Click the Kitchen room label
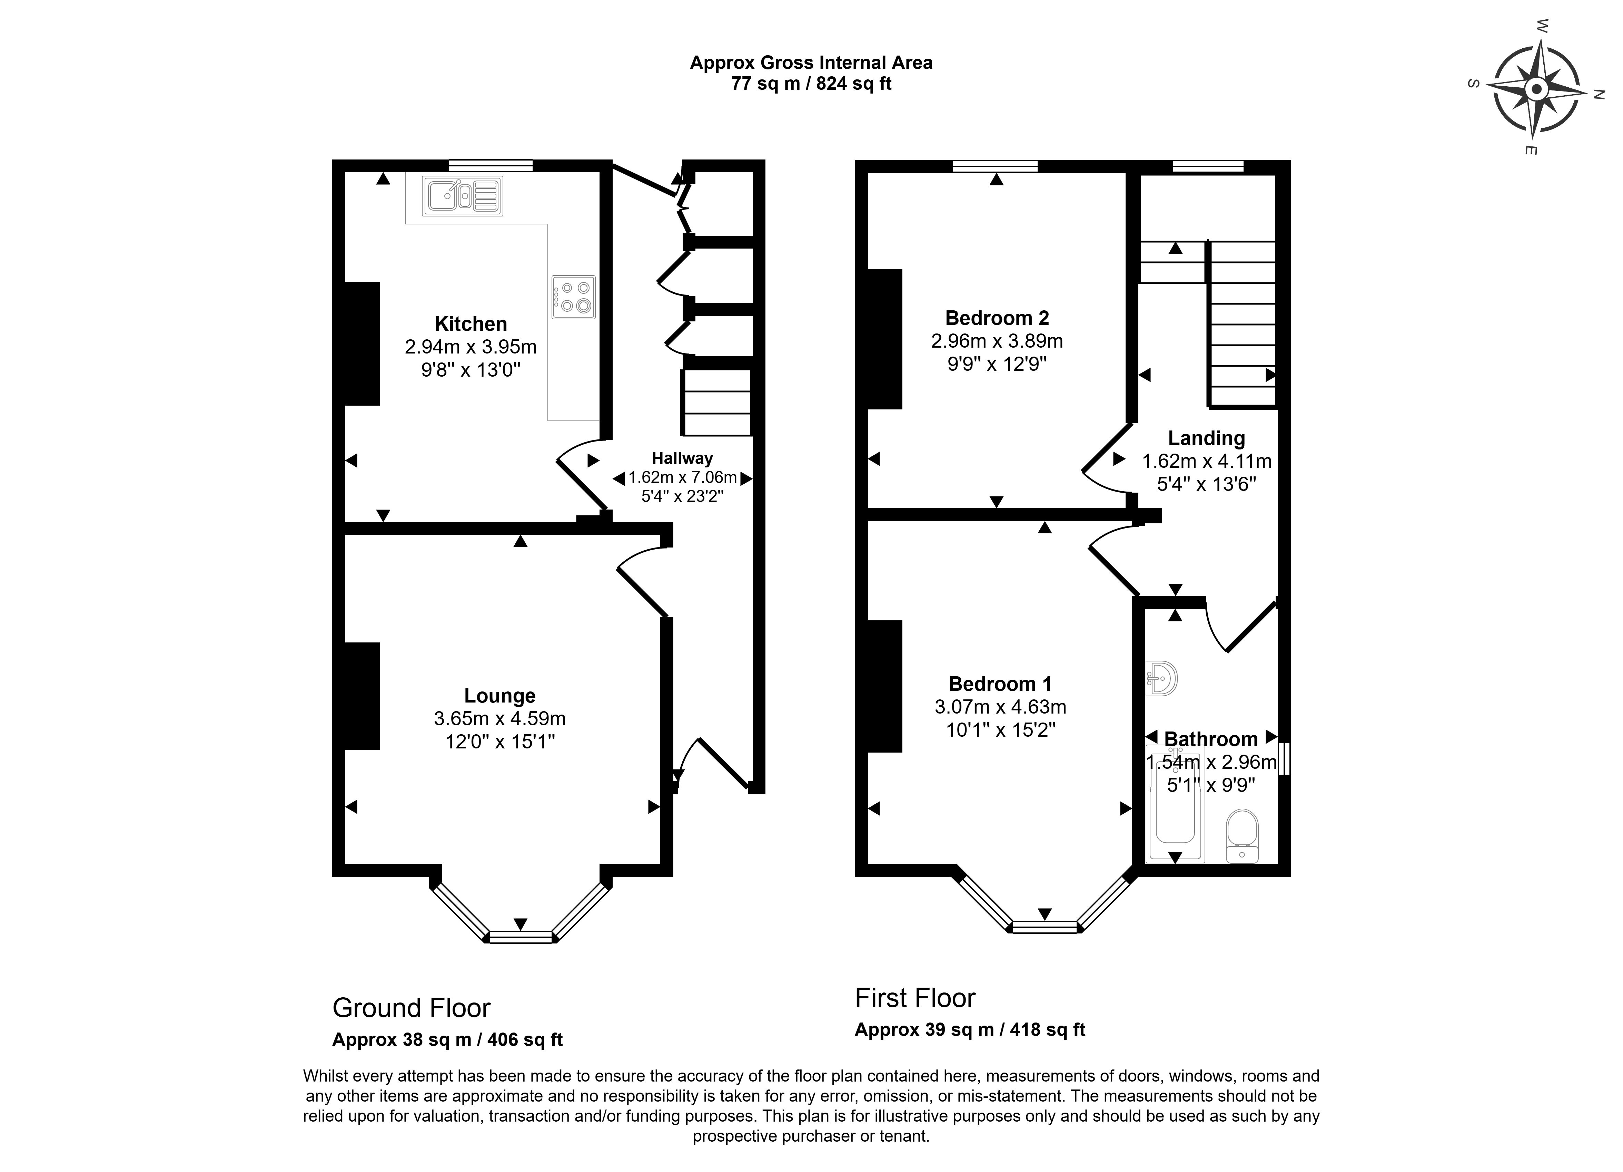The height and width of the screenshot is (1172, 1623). coord(471,323)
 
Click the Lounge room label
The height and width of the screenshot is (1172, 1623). coord(499,696)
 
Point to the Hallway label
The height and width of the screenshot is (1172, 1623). coord(682,458)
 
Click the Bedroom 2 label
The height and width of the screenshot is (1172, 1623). coord(997,318)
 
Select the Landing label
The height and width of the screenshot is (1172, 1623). coord(1207,438)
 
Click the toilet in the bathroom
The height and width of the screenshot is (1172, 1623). coord(1242,836)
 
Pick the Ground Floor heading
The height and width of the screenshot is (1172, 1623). coord(412,1008)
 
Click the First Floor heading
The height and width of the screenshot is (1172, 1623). coord(915,998)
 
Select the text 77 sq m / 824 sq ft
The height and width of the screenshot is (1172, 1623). coord(811,84)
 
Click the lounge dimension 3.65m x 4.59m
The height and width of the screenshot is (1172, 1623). coord(499,718)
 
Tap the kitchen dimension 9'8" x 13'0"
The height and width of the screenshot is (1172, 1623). coord(471,370)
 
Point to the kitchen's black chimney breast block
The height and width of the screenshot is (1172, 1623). coord(362,343)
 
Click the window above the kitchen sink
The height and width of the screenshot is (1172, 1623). coord(491,165)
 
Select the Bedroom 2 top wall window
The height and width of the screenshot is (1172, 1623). coord(996,166)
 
